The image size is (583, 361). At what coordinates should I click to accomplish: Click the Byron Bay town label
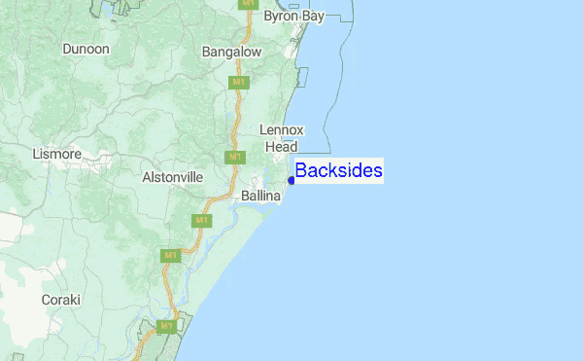pyautogui.click(x=293, y=17)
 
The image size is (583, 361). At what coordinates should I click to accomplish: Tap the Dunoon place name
pyautogui.click(x=86, y=49)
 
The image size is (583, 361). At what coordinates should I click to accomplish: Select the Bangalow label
pyautogui.click(x=231, y=52)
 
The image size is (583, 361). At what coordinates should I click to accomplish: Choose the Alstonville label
pyautogui.click(x=172, y=177)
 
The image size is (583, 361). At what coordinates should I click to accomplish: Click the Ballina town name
pyautogui.click(x=260, y=197)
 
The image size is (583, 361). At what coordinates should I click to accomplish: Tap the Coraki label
pyautogui.click(x=61, y=300)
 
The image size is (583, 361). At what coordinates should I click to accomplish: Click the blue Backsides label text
pyautogui.click(x=338, y=171)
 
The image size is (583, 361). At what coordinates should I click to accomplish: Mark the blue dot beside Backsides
pyautogui.click(x=291, y=180)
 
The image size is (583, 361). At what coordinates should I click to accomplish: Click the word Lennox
pyautogui.click(x=283, y=130)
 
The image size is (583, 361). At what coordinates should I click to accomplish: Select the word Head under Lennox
pyautogui.click(x=282, y=146)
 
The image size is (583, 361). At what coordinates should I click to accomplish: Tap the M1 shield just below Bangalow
pyautogui.click(x=237, y=82)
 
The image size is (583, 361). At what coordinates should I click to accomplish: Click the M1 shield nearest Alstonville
pyautogui.click(x=234, y=157)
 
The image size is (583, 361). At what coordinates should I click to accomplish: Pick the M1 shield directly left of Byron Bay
pyautogui.click(x=249, y=4)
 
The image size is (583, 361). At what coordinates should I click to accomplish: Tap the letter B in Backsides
pyautogui.click(x=301, y=171)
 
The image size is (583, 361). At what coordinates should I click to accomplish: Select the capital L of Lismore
pyautogui.click(x=36, y=154)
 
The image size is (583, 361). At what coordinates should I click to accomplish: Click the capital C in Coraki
pyautogui.click(x=46, y=300)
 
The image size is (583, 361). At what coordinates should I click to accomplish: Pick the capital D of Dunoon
pyautogui.click(x=66, y=49)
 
